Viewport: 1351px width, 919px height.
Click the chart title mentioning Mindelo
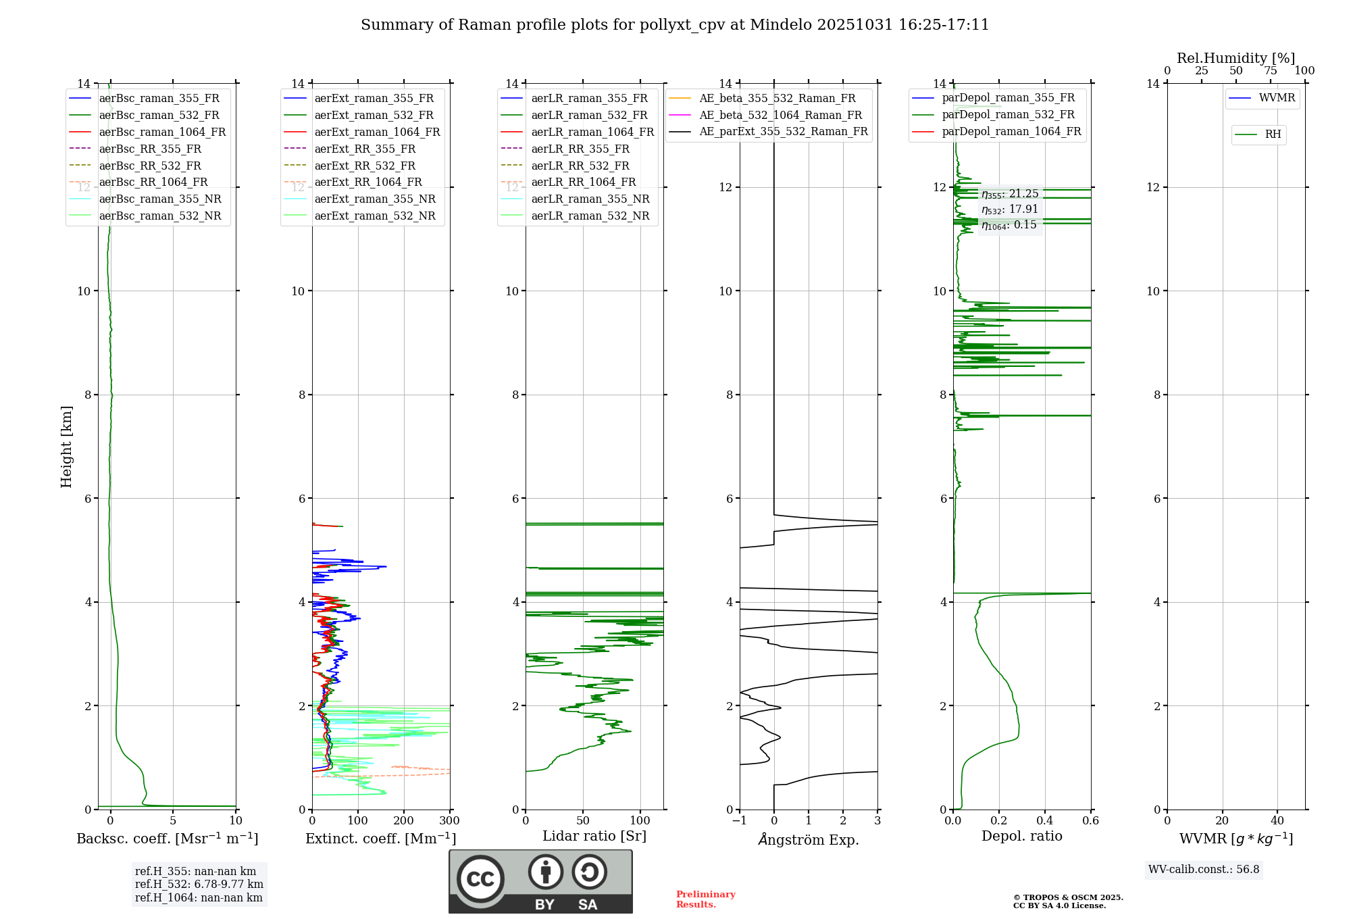coord(675,25)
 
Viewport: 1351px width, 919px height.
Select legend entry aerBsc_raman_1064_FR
coord(162,132)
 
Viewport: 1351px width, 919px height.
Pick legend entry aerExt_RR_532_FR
coord(365,166)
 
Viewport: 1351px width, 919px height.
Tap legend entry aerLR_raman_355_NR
coord(590,199)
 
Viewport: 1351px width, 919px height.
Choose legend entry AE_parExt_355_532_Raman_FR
coord(783,131)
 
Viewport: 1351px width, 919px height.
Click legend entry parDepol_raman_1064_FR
coord(1011,131)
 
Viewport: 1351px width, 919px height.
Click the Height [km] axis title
coord(66,446)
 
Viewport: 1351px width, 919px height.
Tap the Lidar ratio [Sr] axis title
coord(594,836)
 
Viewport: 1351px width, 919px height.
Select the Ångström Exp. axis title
coord(809,839)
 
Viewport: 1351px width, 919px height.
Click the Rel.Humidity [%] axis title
coord(1235,58)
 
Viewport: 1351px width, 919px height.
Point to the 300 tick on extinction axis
coord(449,820)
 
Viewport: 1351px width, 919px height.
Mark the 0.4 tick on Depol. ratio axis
coord(1045,820)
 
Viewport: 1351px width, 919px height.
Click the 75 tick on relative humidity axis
coord(1271,71)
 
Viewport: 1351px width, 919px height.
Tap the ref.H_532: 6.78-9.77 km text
coord(199,884)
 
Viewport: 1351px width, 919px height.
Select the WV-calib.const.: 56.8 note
coord(1204,869)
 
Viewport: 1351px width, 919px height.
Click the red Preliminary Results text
coord(705,899)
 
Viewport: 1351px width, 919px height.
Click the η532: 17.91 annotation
coord(1010,209)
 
